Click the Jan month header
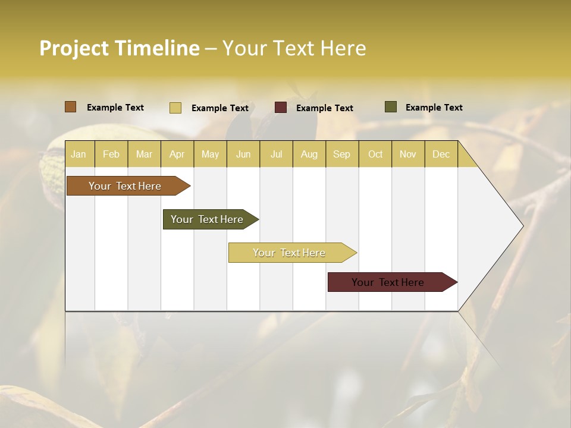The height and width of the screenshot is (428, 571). click(x=79, y=154)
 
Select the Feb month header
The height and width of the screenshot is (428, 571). click(x=111, y=154)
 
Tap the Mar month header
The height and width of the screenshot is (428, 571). click(x=144, y=154)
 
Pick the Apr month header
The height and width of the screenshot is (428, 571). click(x=177, y=154)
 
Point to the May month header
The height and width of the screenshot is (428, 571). click(x=210, y=154)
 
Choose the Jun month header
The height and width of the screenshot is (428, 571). click(x=243, y=154)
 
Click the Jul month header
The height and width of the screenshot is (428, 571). click(x=276, y=154)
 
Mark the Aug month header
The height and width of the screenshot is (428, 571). click(x=309, y=154)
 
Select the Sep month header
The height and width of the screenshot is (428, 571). click(x=342, y=154)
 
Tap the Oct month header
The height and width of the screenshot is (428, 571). click(x=375, y=154)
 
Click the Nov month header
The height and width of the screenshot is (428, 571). click(x=408, y=154)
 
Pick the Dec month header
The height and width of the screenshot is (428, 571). click(x=441, y=154)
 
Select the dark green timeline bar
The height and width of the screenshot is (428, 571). click(x=207, y=219)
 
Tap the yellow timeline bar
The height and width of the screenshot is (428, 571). click(x=289, y=253)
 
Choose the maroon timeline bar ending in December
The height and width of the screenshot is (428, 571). click(x=388, y=282)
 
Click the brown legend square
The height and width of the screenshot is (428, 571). click(x=71, y=107)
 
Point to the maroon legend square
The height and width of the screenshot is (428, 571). click(x=281, y=108)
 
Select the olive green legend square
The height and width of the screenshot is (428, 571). click(x=391, y=107)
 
